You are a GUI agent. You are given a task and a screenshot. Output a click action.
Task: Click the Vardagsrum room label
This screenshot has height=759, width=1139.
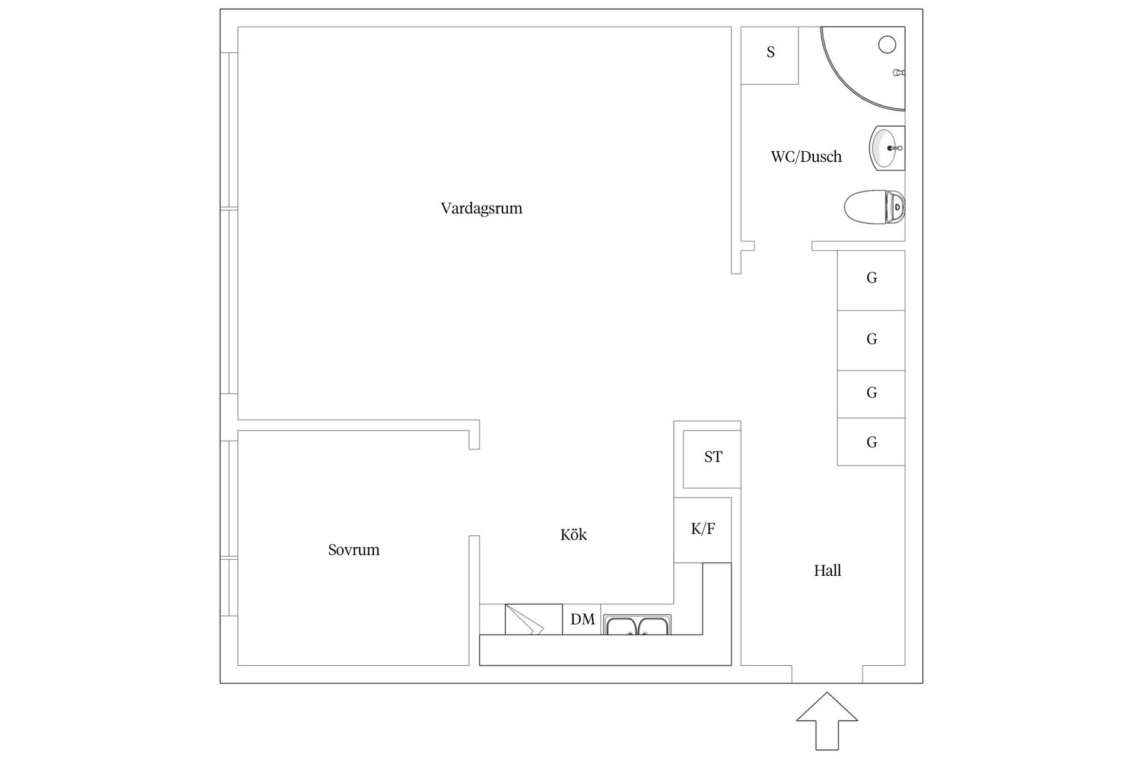(x=481, y=209)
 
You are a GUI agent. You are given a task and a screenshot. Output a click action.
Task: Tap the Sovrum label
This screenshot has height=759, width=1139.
(x=354, y=550)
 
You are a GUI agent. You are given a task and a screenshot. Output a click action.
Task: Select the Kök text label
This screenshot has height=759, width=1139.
(x=573, y=535)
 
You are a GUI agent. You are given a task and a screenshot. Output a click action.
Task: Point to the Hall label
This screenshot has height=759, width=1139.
(x=828, y=570)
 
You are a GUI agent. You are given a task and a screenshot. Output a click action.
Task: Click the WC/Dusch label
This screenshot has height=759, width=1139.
(x=806, y=157)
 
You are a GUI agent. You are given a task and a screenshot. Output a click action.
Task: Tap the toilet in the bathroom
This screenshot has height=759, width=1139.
(x=874, y=207)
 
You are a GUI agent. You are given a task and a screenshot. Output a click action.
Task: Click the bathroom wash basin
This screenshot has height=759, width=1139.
(x=887, y=148)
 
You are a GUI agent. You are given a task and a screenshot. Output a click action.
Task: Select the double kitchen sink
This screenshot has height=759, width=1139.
(x=637, y=625)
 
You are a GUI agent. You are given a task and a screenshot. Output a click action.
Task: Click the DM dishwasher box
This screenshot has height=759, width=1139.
(x=582, y=620)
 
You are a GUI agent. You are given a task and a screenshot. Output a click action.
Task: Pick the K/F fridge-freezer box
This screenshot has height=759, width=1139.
(x=702, y=530)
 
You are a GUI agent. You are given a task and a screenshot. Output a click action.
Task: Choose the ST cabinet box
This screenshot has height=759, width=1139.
(x=712, y=459)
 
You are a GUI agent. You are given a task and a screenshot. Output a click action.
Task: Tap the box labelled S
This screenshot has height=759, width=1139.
(x=770, y=55)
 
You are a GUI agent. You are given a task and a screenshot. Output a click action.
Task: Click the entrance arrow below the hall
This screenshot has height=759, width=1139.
(x=827, y=721)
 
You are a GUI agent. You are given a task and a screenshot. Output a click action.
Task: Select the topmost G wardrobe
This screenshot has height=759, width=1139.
(x=871, y=280)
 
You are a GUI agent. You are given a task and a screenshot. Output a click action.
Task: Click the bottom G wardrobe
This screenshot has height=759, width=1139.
(x=871, y=442)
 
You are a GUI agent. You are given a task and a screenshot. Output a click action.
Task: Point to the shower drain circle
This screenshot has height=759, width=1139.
(x=887, y=44)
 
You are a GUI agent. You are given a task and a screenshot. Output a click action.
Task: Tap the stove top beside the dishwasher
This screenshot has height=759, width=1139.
(x=533, y=620)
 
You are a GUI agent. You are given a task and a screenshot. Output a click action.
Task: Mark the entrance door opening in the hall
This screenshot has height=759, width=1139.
(x=827, y=674)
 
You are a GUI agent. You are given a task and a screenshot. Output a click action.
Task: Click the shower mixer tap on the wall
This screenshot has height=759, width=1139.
(x=899, y=72)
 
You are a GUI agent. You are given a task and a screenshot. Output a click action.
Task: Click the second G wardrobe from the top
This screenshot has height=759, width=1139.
(x=871, y=341)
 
